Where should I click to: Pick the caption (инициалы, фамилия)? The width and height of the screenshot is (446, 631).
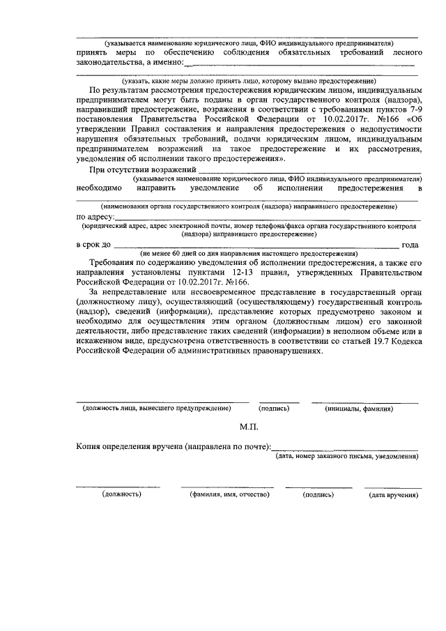click(x=364, y=409)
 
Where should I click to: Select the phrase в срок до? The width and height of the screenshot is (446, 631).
click(x=94, y=245)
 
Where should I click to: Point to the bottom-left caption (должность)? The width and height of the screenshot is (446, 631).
click(x=122, y=494)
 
